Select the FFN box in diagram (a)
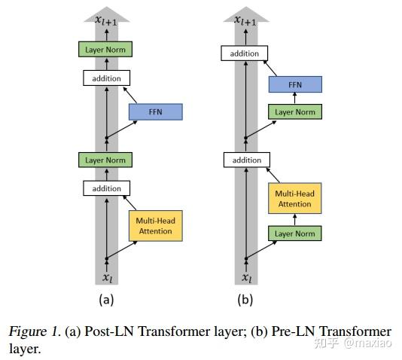[x=155, y=112]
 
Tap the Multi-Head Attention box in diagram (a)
[x=155, y=225]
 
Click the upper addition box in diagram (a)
[x=106, y=78]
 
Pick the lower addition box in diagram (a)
[x=106, y=188]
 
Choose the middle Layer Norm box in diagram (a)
[x=106, y=160]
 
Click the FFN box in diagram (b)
[x=295, y=84]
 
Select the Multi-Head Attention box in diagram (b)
[x=295, y=199]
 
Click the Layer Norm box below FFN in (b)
[x=295, y=112]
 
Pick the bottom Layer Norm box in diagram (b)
[x=295, y=233]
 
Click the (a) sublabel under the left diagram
[x=106, y=299]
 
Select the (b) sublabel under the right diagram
[x=245, y=299]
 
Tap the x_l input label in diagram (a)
[x=107, y=277]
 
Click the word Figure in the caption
[x=26, y=331]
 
